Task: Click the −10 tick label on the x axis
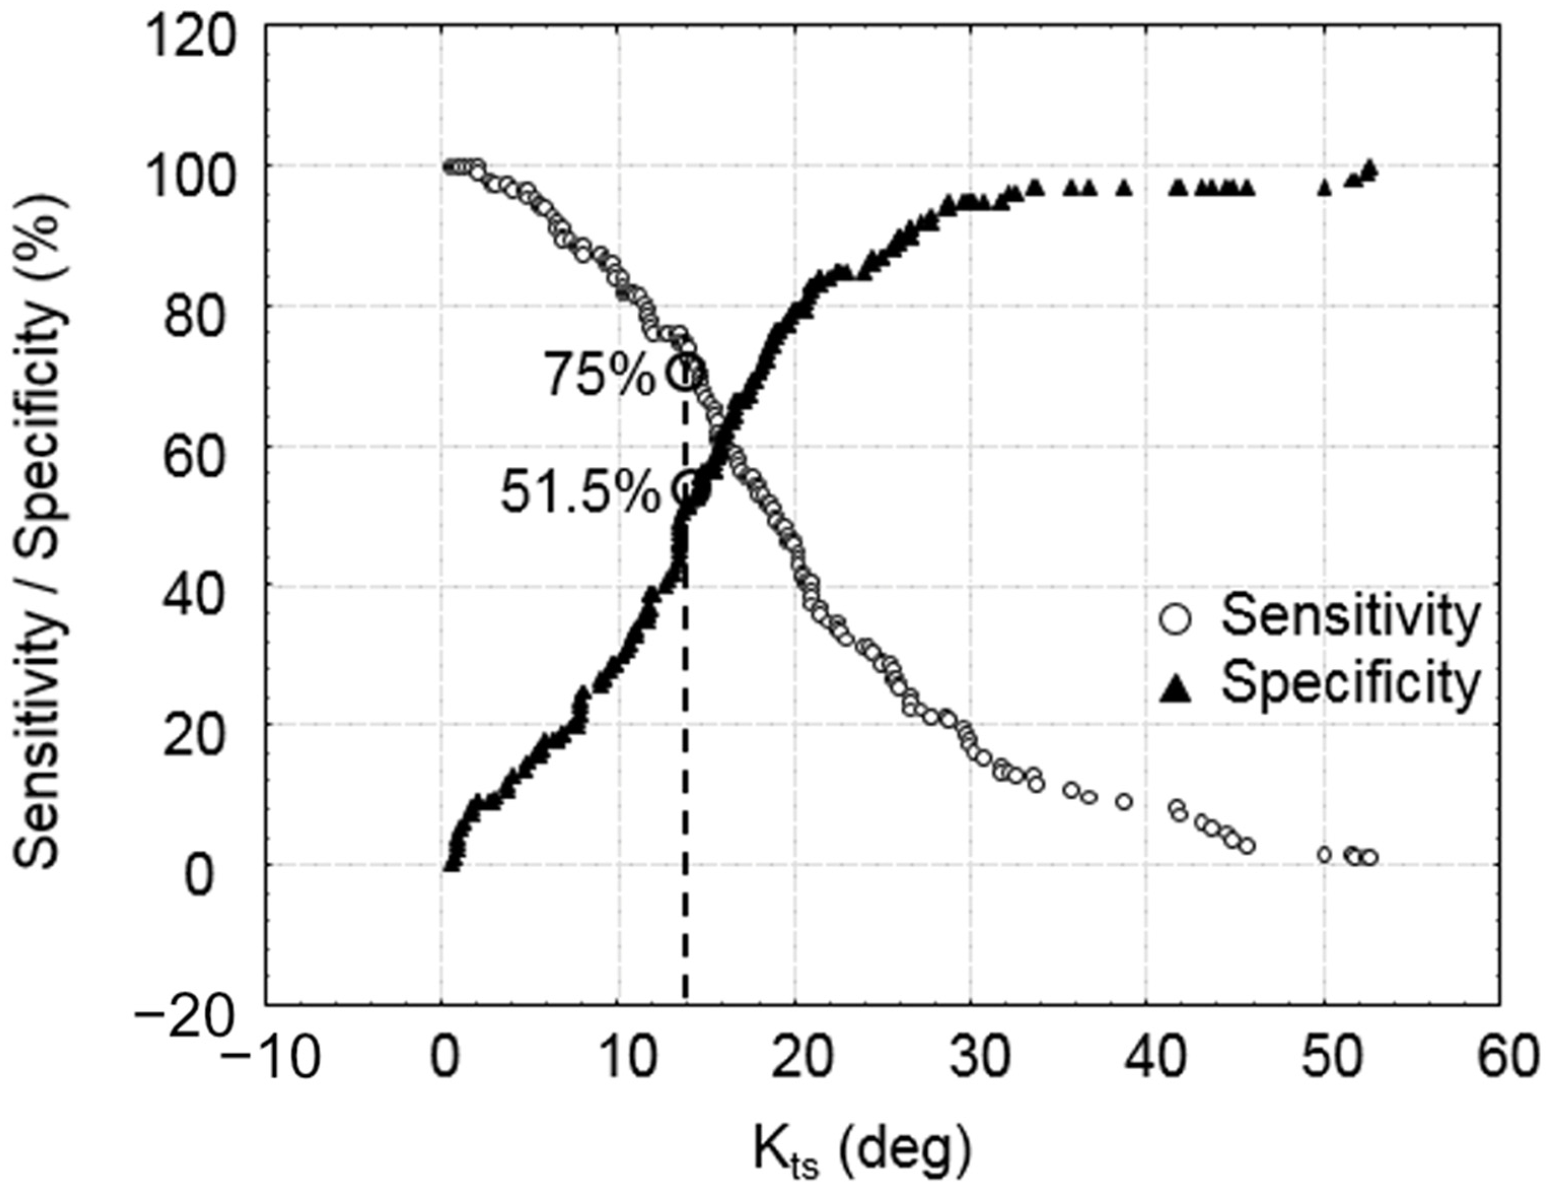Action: coord(269,1059)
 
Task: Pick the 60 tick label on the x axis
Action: coord(1499,1059)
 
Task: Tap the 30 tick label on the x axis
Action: coord(970,1059)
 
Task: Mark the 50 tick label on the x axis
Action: coord(1323,1059)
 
